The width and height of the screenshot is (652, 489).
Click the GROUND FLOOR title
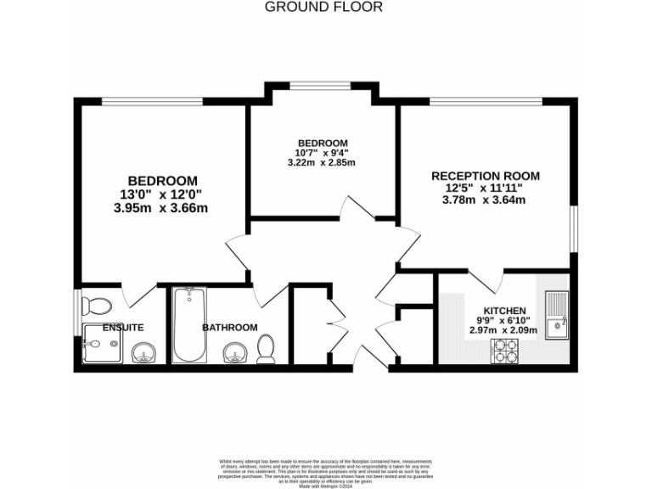324,7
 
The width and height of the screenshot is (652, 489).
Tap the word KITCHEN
505,311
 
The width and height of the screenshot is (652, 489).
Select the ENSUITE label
123,327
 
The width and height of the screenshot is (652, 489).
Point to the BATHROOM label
229,327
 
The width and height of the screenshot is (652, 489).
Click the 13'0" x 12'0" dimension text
162,194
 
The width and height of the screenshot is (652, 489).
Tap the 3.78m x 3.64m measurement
484,200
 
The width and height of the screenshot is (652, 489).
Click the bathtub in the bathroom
188,326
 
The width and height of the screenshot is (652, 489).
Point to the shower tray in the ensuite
102,344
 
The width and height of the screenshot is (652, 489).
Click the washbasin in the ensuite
143,351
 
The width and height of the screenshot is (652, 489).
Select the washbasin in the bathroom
233,353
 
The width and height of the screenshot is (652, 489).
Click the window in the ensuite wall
77,303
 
